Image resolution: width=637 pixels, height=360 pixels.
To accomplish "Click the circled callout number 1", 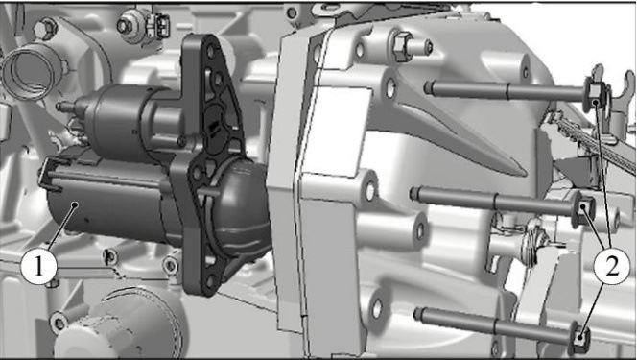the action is (x=38, y=267).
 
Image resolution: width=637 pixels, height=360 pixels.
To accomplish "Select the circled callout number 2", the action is (x=612, y=266).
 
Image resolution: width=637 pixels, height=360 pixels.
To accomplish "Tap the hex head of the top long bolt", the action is (x=594, y=94).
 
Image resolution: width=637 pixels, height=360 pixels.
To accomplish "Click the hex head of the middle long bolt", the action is (x=584, y=209).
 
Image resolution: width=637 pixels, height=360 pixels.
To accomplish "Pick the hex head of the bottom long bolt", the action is (x=581, y=337).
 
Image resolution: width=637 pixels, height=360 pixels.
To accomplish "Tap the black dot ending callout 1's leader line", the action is (x=74, y=205).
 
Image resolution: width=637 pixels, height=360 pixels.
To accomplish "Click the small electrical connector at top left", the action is (x=160, y=25).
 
